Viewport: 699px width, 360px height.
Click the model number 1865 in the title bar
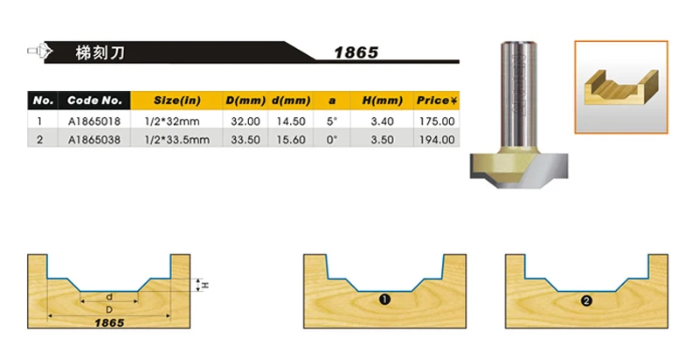(356, 52)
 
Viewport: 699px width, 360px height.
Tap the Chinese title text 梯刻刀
(100, 52)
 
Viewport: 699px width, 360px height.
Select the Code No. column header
(94, 100)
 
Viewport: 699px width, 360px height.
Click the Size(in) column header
(177, 100)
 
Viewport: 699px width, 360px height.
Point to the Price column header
(437, 100)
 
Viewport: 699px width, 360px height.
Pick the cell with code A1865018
(94, 121)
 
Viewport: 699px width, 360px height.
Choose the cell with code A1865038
(94, 140)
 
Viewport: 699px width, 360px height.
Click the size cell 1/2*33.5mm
(177, 140)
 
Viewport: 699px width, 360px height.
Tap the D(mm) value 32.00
(246, 121)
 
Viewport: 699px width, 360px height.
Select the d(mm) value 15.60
(291, 140)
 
